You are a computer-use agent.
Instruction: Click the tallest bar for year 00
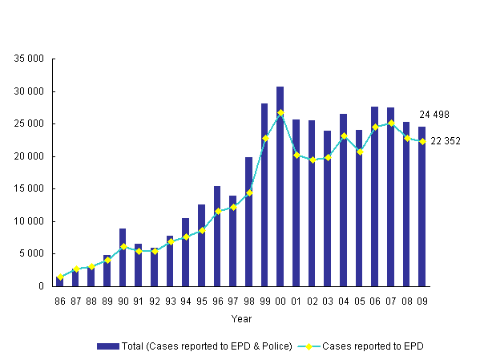[280, 186]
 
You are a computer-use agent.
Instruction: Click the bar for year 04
[343, 200]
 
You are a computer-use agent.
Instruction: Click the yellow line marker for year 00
[280, 112]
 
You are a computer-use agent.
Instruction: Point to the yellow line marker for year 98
[249, 192]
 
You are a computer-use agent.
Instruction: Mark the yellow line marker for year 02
[312, 160]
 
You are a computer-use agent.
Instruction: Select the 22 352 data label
[445, 141]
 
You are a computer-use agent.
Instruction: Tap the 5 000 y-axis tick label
[33, 254]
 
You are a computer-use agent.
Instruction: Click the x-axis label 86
[60, 301]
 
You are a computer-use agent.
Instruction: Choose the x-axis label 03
[328, 301]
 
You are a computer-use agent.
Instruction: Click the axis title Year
[241, 319]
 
